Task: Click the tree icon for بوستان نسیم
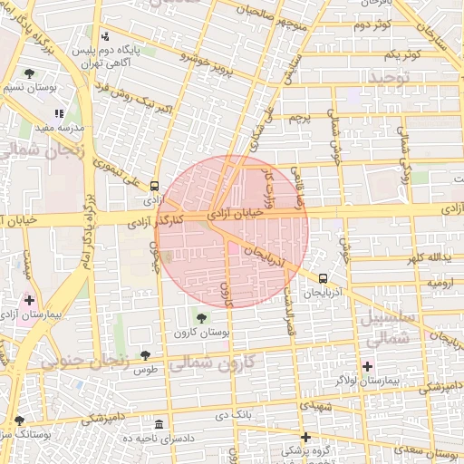30,73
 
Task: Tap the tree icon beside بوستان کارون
200,318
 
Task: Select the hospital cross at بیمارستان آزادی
30,300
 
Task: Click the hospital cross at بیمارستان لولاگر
367,367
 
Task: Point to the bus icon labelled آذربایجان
324,278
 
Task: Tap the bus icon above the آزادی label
155,185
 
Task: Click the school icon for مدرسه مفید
60,114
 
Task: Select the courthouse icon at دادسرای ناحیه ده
159,425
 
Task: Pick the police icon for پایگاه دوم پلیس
107,36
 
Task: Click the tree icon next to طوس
145,355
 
